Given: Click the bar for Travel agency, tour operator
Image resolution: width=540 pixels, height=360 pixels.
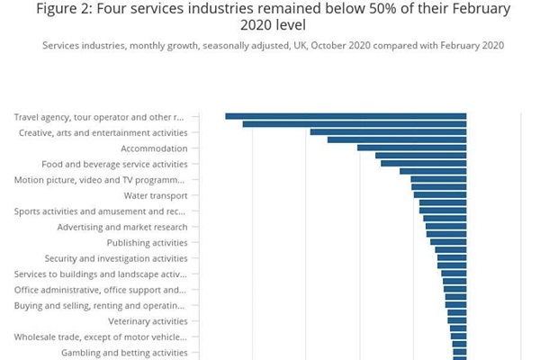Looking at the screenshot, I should click(x=346, y=116).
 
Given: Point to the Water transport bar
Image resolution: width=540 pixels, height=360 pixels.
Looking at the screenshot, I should click(x=440, y=194).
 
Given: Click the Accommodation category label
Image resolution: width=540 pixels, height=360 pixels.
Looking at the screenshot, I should click(x=154, y=148).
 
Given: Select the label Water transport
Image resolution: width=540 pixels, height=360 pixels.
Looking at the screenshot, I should click(x=156, y=195).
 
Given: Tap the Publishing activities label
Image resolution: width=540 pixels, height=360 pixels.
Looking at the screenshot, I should click(x=147, y=243).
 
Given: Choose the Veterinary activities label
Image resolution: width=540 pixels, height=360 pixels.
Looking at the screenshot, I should click(x=148, y=321).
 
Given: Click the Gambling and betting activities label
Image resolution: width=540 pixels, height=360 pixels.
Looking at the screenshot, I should click(x=124, y=353).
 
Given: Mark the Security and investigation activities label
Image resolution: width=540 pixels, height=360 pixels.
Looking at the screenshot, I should click(x=116, y=258).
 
